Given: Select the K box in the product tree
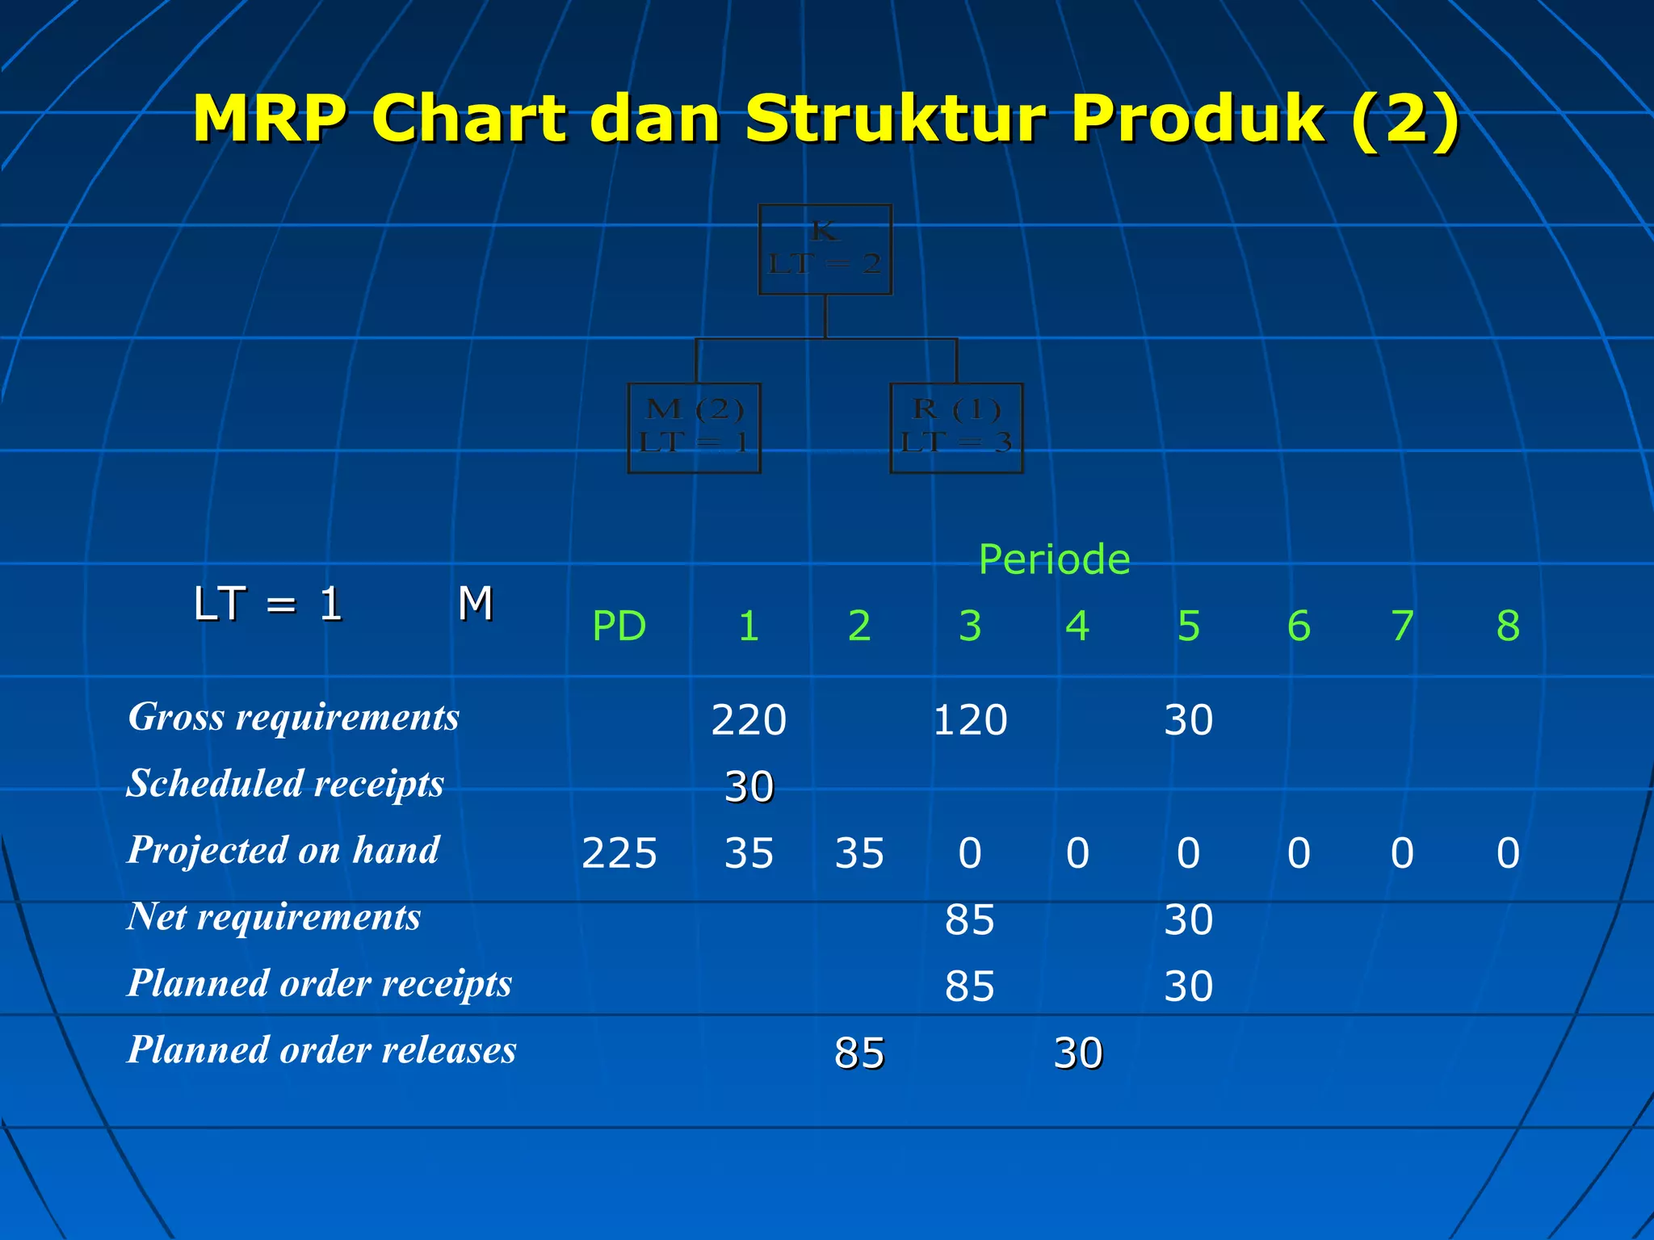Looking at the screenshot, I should pos(825,249).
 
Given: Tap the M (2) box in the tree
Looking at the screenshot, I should pos(695,427).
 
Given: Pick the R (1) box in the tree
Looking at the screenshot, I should pos(956,427).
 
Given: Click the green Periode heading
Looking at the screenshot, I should pos(1054,559).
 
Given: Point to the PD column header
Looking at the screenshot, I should pos(619,626).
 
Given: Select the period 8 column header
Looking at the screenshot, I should pos(1508,626).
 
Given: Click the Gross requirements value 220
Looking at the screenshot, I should pos(749,719).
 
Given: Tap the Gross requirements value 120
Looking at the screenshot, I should pos(970,719).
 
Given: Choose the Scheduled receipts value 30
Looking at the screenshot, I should pos(749,786).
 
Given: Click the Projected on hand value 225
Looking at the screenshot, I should pos(619,853).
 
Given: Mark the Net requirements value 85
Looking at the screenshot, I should pos(970,920).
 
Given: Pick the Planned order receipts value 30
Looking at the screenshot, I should pos(1188,987).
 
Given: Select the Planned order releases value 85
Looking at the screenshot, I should pos(859,1053).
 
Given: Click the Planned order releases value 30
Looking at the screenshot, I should pos(1078,1053).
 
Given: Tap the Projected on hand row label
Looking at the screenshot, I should pos(283,850).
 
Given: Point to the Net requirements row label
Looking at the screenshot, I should pos(274,917).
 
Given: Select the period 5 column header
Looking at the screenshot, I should pos(1188,626).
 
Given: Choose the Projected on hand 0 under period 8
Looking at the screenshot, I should pos(1508,853).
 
